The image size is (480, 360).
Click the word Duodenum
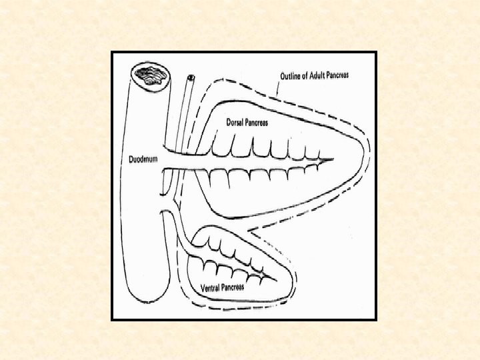click(x=143, y=159)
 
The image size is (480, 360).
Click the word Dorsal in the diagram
click(x=235, y=123)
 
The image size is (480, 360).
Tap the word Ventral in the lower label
click(x=211, y=288)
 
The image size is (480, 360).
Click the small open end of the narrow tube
click(x=191, y=79)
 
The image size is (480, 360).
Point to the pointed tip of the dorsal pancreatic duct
click(x=332, y=161)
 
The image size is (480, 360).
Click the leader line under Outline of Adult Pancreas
click(x=277, y=89)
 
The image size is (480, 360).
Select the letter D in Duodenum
click(x=131, y=159)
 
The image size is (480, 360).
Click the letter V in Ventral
click(x=203, y=288)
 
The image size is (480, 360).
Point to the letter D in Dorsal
click(x=228, y=123)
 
